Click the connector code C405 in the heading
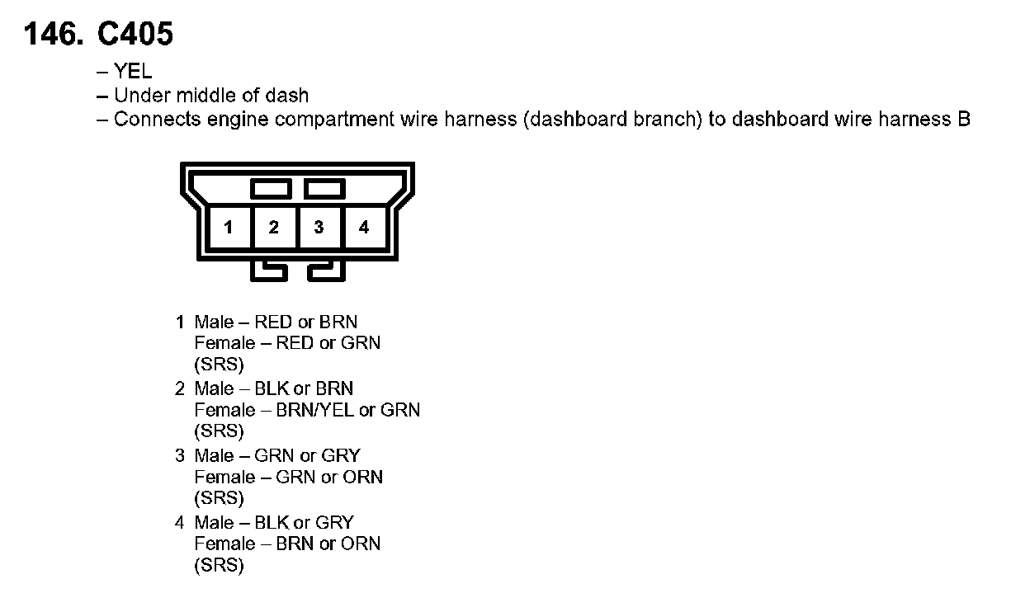click(135, 35)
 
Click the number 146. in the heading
click(54, 35)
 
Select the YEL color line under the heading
click(133, 73)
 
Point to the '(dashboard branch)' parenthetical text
click(612, 120)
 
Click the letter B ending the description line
click(963, 120)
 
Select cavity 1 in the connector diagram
click(228, 227)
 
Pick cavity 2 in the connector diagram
click(273, 227)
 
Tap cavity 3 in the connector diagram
click(319, 227)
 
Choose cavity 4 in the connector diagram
click(364, 227)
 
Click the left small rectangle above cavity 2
click(272, 190)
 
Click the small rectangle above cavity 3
click(324, 190)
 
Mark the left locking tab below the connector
click(269, 271)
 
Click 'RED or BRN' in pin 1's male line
click(306, 322)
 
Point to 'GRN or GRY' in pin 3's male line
click(307, 456)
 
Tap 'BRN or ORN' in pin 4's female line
click(328, 544)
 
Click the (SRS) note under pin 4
click(220, 566)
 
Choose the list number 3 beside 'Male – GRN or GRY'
click(180, 456)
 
